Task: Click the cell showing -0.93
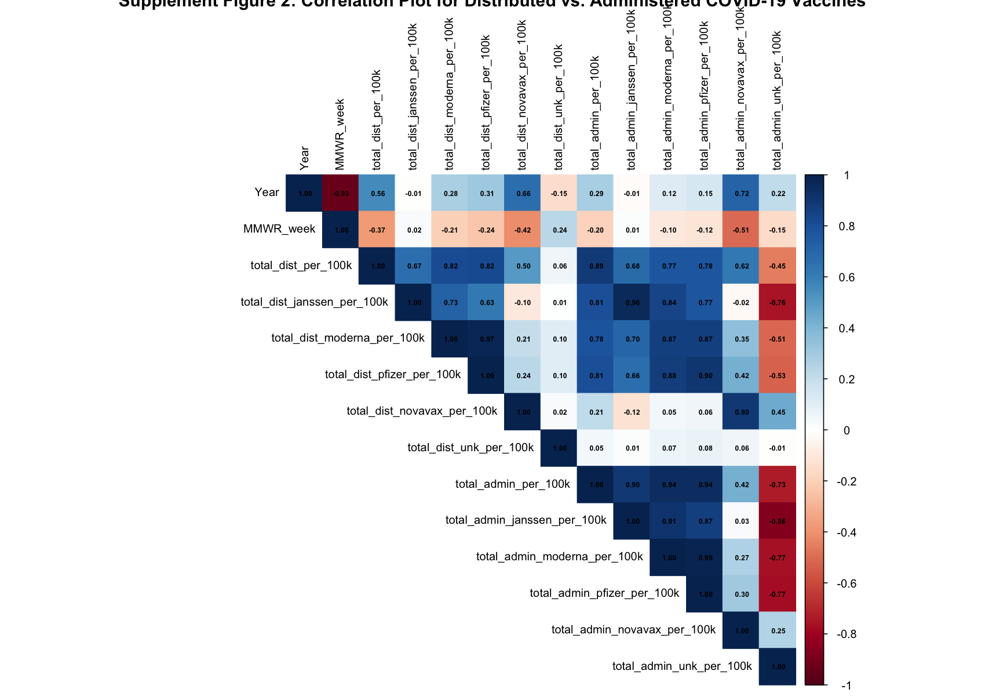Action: (x=341, y=193)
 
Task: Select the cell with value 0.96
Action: (x=633, y=302)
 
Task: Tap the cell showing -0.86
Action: (x=778, y=521)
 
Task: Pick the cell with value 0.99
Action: (x=705, y=557)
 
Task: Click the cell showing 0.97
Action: (x=487, y=339)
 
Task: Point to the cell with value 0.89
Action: (x=596, y=266)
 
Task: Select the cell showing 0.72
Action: (x=742, y=193)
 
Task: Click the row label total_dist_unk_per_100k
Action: (x=470, y=447)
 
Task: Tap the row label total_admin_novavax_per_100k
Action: (x=633, y=629)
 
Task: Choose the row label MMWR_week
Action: (x=279, y=229)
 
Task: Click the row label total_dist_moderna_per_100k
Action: (x=348, y=338)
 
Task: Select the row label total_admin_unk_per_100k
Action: (x=682, y=666)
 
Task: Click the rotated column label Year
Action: (x=305, y=158)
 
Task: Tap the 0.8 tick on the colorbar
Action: (x=846, y=226)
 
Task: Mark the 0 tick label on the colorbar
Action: (x=847, y=430)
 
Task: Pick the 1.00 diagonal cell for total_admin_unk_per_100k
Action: (x=778, y=666)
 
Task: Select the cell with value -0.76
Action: (x=778, y=302)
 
